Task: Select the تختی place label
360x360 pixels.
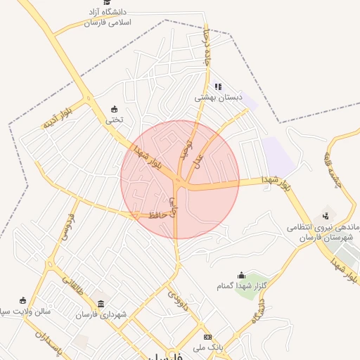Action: click(x=114, y=119)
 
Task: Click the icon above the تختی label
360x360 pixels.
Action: click(x=114, y=108)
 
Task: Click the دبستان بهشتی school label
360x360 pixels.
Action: click(x=218, y=98)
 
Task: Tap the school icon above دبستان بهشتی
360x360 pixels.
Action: click(x=218, y=87)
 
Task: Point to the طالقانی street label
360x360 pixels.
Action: click(x=71, y=284)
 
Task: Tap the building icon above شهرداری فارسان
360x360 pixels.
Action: click(x=102, y=304)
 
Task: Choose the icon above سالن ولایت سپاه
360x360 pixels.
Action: click(x=22, y=300)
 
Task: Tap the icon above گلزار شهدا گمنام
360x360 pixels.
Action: click(x=242, y=275)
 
